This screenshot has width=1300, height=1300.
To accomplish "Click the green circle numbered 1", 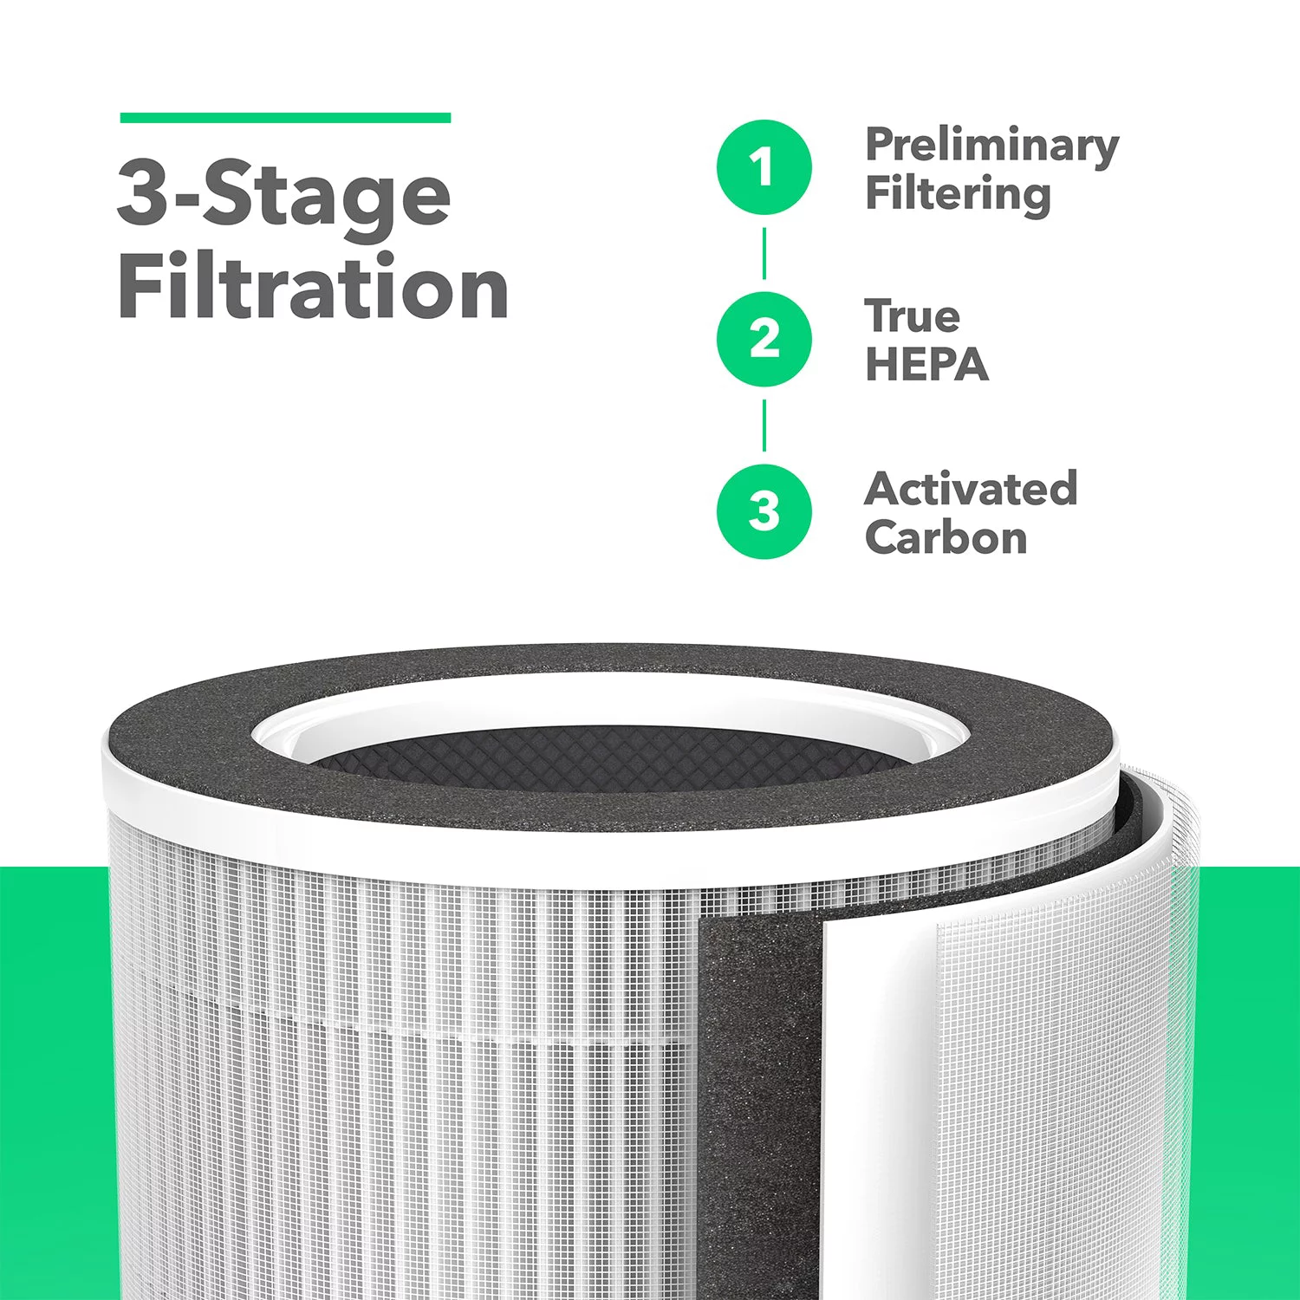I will (x=764, y=167).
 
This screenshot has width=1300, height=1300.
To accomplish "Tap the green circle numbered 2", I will (x=764, y=339).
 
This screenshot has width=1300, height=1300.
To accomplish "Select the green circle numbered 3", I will (x=764, y=511).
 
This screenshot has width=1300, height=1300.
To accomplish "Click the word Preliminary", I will (x=991, y=146).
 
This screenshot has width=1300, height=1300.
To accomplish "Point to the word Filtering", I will (x=958, y=194).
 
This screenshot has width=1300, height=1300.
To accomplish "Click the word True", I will (x=912, y=316).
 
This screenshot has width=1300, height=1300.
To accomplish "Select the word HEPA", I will (x=926, y=365).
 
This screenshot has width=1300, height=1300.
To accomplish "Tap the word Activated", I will (x=971, y=489).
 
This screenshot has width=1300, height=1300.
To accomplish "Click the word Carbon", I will (x=946, y=537).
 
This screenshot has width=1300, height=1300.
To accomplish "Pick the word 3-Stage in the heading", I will (x=284, y=194).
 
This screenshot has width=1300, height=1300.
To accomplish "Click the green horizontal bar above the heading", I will (x=285, y=118).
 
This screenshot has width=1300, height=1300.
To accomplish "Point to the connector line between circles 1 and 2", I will (x=764, y=253).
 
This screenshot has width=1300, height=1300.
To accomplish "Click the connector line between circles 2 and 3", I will (x=764, y=426).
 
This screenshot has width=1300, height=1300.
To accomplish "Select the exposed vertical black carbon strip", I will (x=754, y=1083).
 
